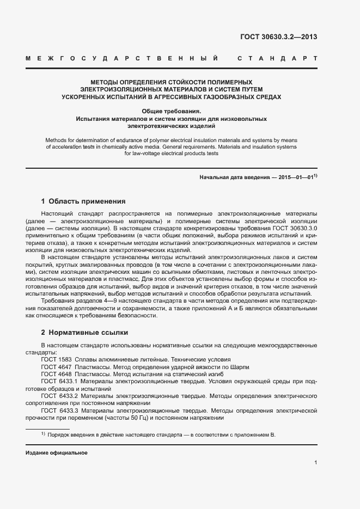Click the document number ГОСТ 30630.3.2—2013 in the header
click(278, 38)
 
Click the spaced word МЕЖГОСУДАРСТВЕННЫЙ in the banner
click(123, 58)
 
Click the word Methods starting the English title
click(58, 139)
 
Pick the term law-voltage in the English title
click(141, 154)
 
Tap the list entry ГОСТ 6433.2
click(60, 396)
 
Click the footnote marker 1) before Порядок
click(42, 434)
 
